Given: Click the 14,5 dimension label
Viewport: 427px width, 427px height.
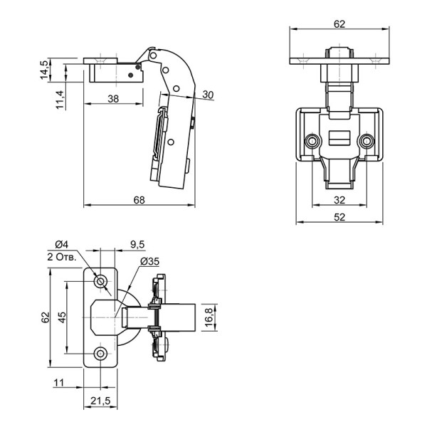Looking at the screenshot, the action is [x=44, y=70].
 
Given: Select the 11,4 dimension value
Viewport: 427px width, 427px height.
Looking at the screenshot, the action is [x=60, y=100].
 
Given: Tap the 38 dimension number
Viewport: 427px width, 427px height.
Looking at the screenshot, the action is [x=113, y=99].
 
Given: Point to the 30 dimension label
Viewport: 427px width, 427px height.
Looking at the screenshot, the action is [x=208, y=95].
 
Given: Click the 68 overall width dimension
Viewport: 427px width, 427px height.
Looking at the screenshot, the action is [x=139, y=200].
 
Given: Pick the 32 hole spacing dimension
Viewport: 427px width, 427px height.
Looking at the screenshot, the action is [x=339, y=200].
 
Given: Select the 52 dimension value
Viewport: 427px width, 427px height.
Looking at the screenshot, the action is [x=339, y=217].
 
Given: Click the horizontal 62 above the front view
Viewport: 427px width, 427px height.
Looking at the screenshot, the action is [x=339, y=24].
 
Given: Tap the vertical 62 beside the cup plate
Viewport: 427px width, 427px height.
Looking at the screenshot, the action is [x=46, y=317].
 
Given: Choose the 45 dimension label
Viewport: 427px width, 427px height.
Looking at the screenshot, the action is [x=62, y=317].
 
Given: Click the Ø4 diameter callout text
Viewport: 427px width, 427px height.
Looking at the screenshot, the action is [x=61, y=244].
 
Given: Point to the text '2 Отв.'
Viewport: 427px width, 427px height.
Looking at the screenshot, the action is [x=61, y=257].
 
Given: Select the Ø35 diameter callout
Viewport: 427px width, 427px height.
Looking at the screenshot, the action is [x=149, y=261].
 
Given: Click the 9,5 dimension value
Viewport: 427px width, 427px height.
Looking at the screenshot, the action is [x=137, y=244].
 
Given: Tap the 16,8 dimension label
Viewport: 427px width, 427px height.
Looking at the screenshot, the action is [x=209, y=317].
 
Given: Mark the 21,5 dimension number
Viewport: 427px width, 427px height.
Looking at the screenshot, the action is [x=101, y=401].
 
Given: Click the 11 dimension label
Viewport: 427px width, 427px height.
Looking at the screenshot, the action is [x=59, y=383].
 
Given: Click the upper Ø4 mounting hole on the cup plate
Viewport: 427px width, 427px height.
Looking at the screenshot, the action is [x=100, y=281].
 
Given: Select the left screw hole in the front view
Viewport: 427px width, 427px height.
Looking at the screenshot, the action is [x=312, y=141].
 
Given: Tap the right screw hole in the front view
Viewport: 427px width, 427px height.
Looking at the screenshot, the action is [x=367, y=141].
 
